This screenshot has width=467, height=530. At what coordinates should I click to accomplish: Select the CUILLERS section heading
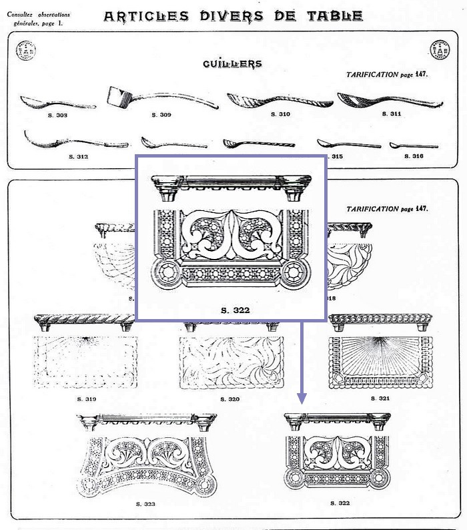point(232,64)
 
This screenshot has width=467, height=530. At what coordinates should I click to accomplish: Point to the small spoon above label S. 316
point(413,145)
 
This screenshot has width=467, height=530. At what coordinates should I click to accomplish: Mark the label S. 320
point(229,399)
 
